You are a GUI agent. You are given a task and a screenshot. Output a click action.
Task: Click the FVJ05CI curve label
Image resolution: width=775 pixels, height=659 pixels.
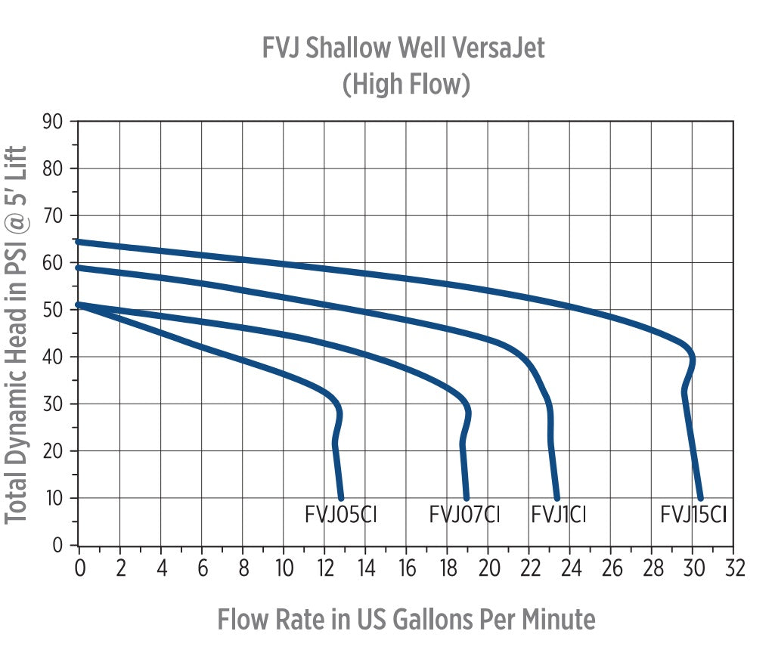pos(340,515)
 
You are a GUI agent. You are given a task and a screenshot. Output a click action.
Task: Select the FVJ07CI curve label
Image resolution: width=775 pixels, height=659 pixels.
pos(464,515)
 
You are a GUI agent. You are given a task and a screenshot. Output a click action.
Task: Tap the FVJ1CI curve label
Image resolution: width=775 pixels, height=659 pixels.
pos(559,515)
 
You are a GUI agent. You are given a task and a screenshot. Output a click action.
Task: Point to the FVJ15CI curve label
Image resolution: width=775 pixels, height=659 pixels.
pos(693,515)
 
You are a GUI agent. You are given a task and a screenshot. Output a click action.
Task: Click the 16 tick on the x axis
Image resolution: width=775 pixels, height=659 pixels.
pos(407,568)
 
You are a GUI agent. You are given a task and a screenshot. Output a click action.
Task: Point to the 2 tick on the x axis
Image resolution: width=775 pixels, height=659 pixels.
pos(120,568)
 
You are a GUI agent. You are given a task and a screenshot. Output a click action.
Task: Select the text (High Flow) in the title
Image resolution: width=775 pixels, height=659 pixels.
pos(406,84)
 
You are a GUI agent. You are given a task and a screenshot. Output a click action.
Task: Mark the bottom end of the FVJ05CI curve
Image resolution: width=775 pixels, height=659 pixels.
pos(341,498)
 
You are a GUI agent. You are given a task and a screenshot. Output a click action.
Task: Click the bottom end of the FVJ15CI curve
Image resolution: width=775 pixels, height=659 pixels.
pos(701,498)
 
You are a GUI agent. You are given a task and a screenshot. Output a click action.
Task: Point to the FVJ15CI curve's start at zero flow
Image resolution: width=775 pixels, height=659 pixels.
pos(79,242)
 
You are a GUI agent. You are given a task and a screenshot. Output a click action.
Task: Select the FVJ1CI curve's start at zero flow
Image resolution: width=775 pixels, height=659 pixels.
pos(79,268)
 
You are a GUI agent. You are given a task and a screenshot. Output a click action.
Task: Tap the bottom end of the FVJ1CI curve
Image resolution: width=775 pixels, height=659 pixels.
pos(557,498)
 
